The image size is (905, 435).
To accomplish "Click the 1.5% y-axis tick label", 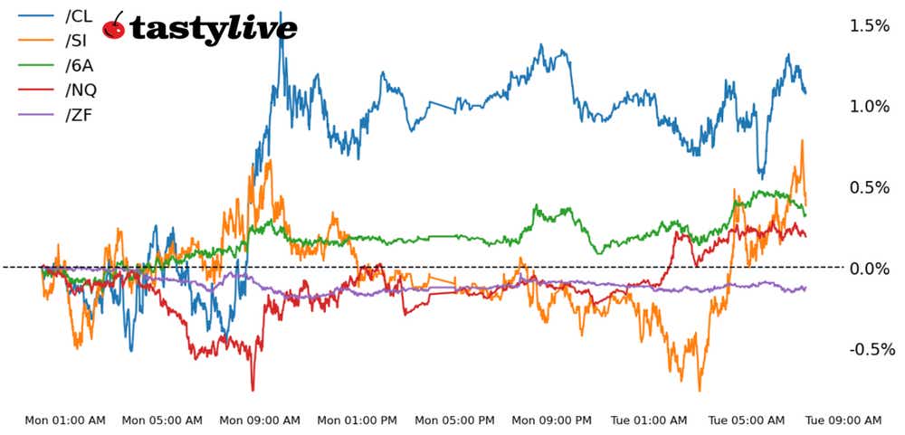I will (x=868, y=25).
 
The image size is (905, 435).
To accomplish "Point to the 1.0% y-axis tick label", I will (x=868, y=106).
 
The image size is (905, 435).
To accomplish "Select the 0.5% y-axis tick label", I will (x=868, y=187).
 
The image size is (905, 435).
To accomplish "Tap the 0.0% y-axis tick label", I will (x=868, y=268).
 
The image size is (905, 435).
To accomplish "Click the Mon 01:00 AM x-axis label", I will (x=65, y=421).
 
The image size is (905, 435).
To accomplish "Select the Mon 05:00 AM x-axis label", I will (x=162, y=421).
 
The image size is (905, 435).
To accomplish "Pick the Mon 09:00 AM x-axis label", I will (x=260, y=421).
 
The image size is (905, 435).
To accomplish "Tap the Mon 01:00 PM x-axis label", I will (x=357, y=421).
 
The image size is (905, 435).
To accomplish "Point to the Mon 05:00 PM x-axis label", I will (x=454, y=421).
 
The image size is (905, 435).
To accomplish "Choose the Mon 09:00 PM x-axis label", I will (x=552, y=421).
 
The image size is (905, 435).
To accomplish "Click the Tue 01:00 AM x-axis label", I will (x=650, y=421).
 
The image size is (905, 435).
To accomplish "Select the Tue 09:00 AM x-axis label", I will (x=844, y=421).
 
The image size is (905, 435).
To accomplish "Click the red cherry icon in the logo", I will (x=114, y=27).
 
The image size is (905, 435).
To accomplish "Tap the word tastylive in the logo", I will (x=214, y=29).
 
